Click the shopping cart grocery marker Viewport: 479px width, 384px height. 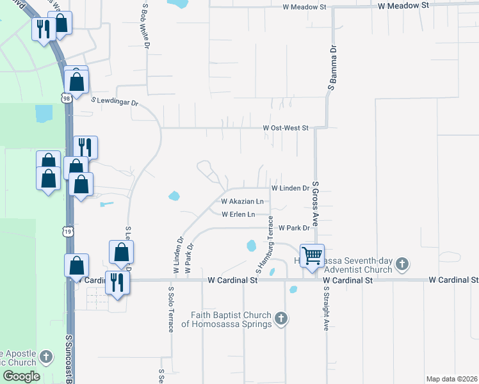coord(312,256)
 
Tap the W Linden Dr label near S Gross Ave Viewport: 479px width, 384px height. coord(290,189)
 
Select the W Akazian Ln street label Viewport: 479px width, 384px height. coord(242,202)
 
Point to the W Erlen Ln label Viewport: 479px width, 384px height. coord(238,214)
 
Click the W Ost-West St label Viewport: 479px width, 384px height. coord(286,128)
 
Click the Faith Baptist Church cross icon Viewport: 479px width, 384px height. coord(280,318)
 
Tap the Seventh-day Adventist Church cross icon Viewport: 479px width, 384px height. coord(402,264)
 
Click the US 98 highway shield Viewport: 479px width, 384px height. coord(66,98)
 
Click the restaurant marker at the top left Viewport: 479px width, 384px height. coord(44,29)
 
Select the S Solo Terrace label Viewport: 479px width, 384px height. coord(171,310)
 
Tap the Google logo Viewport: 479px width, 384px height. coord(20,376)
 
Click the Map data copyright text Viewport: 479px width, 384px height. coord(451,379)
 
